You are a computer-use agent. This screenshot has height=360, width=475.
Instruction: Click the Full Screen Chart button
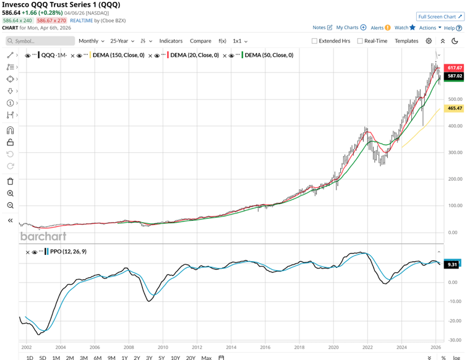point(440,17)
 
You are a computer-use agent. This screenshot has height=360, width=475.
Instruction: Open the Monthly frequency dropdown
point(91,41)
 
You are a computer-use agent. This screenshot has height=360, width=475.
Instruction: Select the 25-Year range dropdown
point(122,41)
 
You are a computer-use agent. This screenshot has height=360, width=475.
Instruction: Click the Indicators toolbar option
point(171,41)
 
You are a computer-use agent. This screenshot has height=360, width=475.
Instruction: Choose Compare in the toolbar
point(200,41)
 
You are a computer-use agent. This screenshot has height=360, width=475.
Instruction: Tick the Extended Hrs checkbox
point(314,41)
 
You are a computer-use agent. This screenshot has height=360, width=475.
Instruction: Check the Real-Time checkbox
point(359,41)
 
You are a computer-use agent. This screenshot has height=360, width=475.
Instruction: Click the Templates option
point(406,41)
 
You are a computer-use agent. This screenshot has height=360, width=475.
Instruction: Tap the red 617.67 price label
point(455,68)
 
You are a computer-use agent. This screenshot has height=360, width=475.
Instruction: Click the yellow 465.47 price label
point(455,108)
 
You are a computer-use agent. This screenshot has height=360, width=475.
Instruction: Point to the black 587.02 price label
point(455,76)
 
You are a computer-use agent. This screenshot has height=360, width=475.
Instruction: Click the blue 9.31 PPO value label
point(453,264)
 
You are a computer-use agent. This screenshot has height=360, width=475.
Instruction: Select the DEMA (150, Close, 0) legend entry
point(118,55)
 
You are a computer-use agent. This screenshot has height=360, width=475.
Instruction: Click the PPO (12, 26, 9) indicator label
point(69,252)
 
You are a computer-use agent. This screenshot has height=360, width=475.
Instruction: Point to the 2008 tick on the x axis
point(129,348)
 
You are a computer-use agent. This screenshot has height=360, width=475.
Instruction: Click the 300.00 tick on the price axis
point(455,152)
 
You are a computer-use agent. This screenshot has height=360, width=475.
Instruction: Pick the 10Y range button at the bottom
point(175,358)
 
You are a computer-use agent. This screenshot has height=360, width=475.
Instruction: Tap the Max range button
point(206,358)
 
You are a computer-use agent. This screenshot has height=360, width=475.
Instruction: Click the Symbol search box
point(41,41)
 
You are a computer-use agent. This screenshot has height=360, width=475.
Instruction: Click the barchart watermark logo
point(43,236)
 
